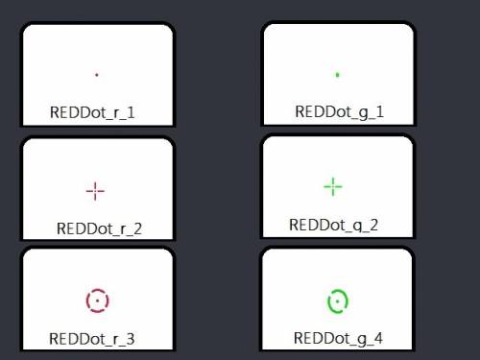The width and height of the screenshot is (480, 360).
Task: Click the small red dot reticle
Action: click(x=97, y=75)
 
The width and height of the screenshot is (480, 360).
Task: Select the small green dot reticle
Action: click(x=337, y=75)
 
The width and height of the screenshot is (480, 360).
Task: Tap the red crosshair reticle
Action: click(x=95, y=191)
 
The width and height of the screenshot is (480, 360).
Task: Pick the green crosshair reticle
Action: click(x=333, y=186)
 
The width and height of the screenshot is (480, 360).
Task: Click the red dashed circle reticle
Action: click(x=97, y=290)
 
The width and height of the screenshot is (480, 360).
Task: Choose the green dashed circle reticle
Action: click(x=337, y=291)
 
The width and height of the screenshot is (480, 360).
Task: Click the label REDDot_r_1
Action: click(x=92, y=112)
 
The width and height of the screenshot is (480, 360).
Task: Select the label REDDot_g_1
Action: click(x=339, y=112)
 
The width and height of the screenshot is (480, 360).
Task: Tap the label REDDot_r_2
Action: click(x=99, y=228)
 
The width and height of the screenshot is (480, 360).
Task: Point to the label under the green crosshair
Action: click(x=333, y=226)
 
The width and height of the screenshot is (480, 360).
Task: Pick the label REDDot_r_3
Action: click(x=92, y=339)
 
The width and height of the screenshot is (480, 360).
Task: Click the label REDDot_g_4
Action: click(x=338, y=339)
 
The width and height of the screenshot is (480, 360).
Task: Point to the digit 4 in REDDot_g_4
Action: click(x=378, y=338)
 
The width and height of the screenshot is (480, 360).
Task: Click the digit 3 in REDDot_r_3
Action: click(x=131, y=339)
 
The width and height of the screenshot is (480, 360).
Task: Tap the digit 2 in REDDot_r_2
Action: click(x=137, y=228)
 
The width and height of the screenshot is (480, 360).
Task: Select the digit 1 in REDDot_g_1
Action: click(x=380, y=111)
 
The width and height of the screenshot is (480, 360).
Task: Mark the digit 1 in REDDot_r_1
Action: click(x=131, y=112)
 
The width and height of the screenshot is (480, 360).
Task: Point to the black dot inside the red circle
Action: click(x=97, y=300)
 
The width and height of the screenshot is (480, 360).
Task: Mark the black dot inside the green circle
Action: click(x=337, y=301)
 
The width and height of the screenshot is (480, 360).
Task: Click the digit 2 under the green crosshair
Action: click(x=373, y=225)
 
